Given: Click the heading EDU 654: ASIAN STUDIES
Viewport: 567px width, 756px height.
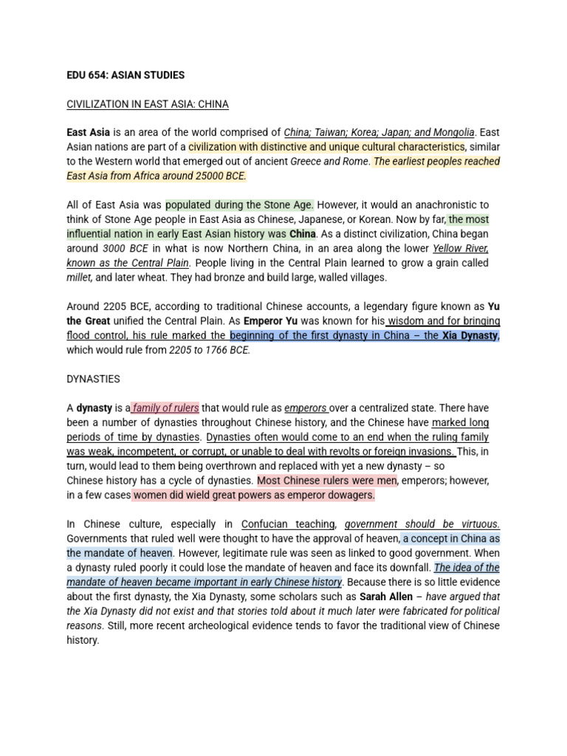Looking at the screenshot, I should point(126,75).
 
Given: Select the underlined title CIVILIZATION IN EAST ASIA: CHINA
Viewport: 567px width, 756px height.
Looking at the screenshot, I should point(148,104).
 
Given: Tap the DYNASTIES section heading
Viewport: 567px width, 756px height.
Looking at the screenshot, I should point(93,379).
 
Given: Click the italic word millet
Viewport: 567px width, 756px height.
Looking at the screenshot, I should point(79,278).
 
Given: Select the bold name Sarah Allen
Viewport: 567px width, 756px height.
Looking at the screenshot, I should point(386,597).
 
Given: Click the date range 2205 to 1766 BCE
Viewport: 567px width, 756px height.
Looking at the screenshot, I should point(210,350).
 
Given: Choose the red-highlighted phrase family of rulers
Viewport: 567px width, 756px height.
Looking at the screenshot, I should point(166,408).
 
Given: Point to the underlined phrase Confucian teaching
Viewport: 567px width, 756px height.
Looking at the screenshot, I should point(288,524).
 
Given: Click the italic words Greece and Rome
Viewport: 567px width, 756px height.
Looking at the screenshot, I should point(329,162).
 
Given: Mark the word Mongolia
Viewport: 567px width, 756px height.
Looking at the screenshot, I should point(453,133).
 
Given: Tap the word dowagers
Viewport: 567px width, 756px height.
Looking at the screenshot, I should point(349,495).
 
